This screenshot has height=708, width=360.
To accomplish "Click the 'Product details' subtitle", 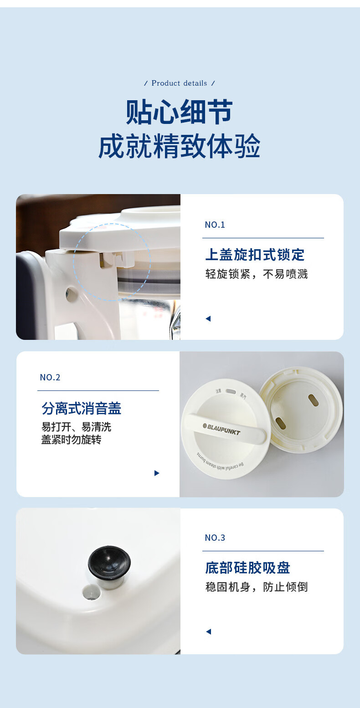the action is [x=179, y=83].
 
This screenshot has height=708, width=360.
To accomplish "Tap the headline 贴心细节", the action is [x=180, y=112].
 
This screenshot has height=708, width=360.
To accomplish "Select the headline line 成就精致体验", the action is [x=180, y=146].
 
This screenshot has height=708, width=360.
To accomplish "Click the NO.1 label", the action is [x=215, y=225].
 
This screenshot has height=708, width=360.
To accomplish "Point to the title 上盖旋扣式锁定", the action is [x=255, y=255].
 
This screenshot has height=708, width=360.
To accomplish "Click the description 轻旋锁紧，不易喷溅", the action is [x=257, y=274].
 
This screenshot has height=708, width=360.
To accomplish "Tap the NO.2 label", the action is [x=50, y=377].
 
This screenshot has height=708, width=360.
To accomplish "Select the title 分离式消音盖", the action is [x=81, y=408].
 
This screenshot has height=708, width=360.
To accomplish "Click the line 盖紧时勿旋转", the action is [x=71, y=440].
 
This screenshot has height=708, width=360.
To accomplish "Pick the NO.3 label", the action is [x=215, y=538].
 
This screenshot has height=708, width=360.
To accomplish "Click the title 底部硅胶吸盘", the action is [x=247, y=568].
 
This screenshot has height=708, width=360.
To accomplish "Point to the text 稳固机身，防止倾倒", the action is [x=257, y=587].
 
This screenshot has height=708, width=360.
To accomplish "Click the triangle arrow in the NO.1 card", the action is [x=208, y=318].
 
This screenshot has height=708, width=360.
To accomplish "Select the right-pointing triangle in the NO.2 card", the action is [x=157, y=473].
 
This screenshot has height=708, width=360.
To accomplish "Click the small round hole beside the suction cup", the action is [x=92, y=592].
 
